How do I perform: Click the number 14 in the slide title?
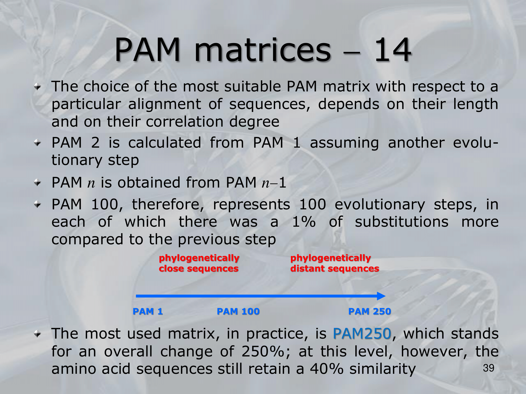point(393,50)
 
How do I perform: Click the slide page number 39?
point(489,368)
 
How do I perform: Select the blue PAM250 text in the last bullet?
point(362,334)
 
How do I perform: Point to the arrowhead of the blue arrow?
point(381,296)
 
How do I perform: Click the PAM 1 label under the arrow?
point(148,312)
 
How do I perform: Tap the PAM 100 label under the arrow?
point(238,312)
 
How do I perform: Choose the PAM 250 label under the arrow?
point(370,312)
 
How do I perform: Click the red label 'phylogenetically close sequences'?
point(199,263)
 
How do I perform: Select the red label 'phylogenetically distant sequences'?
point(335,263)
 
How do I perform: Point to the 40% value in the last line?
point(327,369)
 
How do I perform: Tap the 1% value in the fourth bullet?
point(304,222)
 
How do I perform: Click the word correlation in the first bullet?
point(185,122)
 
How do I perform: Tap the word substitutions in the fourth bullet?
point(402,222)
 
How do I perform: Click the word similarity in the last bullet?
point(382,369)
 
